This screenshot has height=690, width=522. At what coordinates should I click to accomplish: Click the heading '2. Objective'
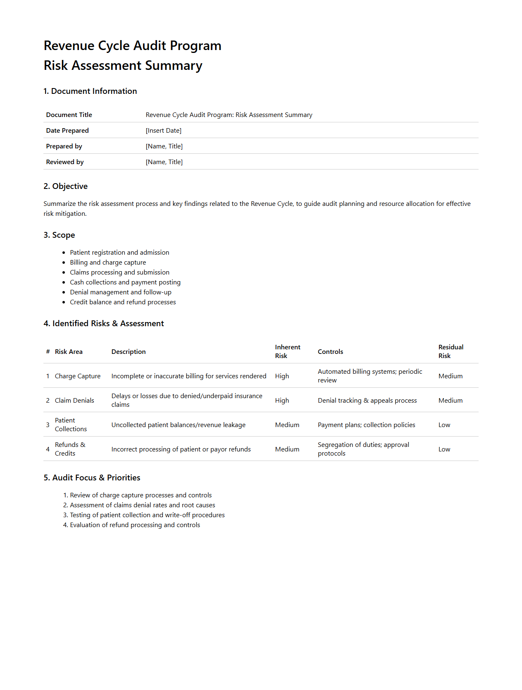click(65, 186)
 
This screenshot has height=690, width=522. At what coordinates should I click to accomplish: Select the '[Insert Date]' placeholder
click(163, 131)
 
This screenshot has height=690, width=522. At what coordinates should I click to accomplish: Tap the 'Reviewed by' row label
click(65, 162)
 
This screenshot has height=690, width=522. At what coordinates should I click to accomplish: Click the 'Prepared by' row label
click(64, 146)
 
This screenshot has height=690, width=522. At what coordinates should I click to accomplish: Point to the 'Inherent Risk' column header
click(287, 351)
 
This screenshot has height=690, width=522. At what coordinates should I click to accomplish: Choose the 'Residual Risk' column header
click(450, 351)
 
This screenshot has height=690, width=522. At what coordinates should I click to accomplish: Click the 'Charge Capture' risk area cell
click(78, 376)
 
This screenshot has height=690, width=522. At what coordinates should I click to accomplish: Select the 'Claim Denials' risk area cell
click(74, 401)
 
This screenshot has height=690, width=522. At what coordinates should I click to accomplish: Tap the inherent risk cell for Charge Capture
click(282, 376)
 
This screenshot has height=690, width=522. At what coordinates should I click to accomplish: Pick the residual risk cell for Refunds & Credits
click(444, 449)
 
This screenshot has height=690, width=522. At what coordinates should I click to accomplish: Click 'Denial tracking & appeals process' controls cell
click(367, 401)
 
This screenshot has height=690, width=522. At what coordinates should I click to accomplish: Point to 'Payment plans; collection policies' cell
click(366, 425)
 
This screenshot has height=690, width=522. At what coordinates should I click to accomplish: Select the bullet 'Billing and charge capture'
click(108, 263)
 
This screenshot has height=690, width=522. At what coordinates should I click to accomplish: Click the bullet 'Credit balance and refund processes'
click(123, 302)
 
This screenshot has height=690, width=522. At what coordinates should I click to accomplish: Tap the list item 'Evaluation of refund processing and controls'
click(135, 525)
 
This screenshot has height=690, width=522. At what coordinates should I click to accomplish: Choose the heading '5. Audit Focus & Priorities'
click(92, 478)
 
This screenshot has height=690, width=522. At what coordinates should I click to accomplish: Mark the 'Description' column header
click(129, 352)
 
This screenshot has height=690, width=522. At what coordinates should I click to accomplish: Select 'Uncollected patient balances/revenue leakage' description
click(178, 425)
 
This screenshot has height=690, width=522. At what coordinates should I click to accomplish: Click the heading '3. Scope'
click(59, 235)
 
